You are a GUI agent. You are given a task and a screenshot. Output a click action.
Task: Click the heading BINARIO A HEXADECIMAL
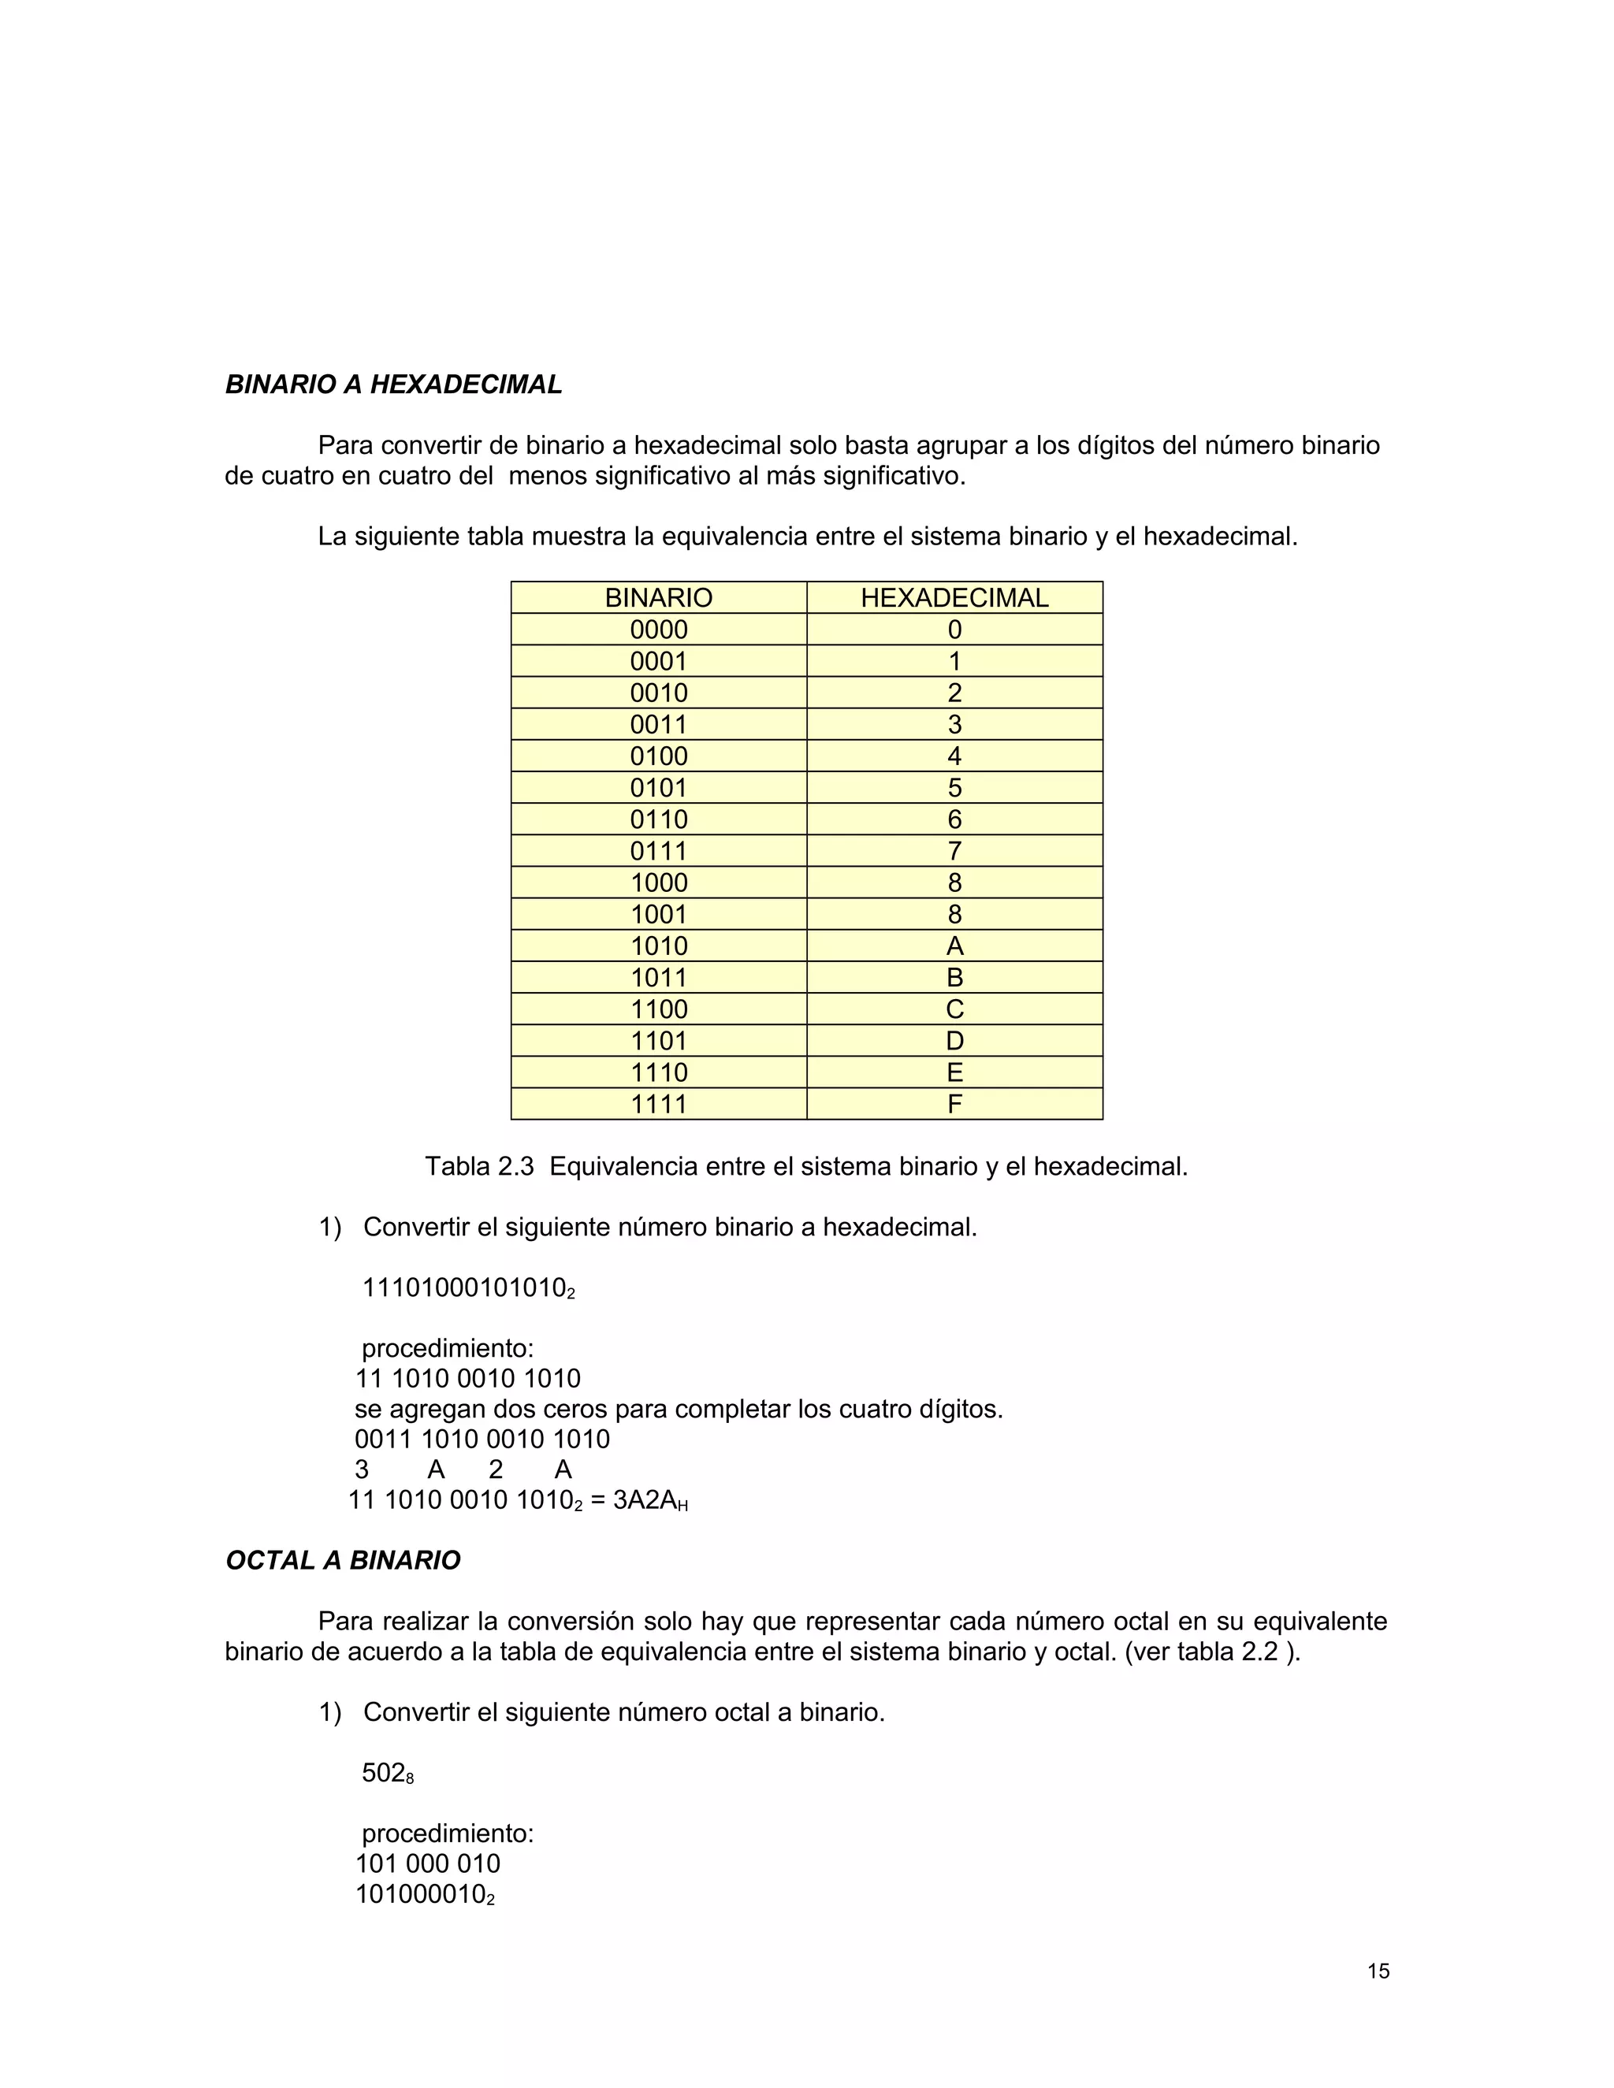click(393, 385)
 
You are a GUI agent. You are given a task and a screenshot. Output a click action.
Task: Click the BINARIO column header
click(658, 597)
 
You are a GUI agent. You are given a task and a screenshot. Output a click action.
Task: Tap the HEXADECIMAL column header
click(954, 597)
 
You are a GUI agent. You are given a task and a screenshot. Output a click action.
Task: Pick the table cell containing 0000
click(658, 629)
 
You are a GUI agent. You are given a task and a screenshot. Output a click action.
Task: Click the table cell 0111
click(658, 851)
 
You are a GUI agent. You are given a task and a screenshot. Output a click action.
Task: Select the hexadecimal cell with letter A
click(954, 946)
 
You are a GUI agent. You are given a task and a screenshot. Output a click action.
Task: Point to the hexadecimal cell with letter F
click(954, 1104)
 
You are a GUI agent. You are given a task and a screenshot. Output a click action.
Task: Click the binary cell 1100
click(658, 1009)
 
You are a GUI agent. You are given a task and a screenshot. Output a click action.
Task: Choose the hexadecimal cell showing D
click(954, 1040)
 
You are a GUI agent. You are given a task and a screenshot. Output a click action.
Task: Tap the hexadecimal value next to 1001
click(954, 914)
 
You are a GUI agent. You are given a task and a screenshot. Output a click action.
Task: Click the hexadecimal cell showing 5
click(954, 788)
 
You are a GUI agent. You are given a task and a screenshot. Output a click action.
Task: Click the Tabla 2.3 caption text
click(805, 1166)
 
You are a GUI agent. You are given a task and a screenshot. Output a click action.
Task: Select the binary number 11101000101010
click(467, 1287)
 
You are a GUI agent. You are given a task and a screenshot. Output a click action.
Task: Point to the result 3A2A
click(646, 1500)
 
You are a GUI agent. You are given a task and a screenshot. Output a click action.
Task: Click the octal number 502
click(385, 1774)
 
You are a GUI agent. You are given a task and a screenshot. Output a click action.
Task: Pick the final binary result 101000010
click(423, 1895)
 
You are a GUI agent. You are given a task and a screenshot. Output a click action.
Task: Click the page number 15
click(1378, 1971)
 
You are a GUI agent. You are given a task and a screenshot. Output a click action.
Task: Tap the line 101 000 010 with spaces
click(427, 1863)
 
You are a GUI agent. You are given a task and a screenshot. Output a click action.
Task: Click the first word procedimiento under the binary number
click(447, 1349)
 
